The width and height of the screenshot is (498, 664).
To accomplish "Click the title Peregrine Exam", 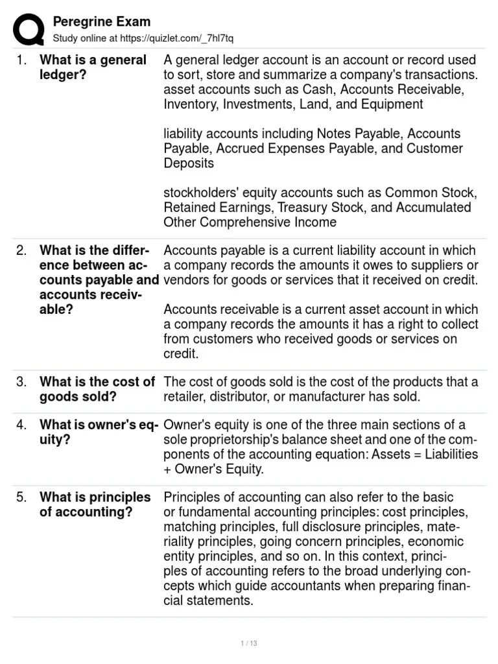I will (101, 22).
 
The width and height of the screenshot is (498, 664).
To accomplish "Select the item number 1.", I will (22, 60).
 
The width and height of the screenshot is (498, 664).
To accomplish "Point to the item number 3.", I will (22, 382).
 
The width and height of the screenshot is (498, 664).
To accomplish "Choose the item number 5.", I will (22, 497).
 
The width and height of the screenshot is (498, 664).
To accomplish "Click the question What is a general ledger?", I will (93, 67).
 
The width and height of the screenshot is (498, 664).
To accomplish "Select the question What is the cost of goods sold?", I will (97, 389).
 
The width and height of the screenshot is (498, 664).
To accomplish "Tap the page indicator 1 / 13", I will (249, 643).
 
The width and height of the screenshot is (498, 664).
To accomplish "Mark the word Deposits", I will (189, 163).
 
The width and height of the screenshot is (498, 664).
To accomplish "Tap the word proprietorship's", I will (226, 440).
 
